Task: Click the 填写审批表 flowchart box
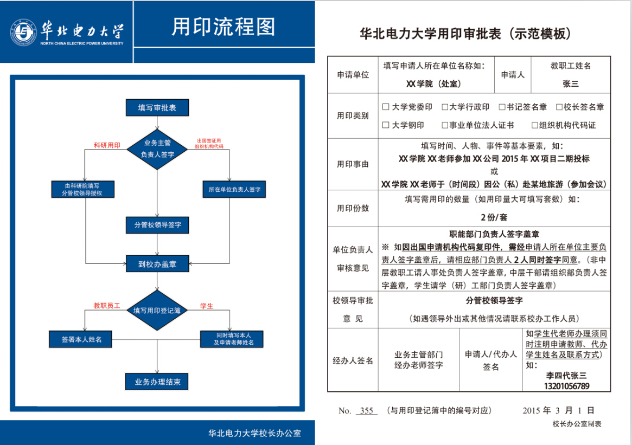pos(157,108)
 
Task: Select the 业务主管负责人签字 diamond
pos(157,149)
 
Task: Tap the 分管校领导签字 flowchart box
pos(157,224)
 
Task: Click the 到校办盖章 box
pos(157,264)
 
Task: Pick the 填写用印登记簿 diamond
pos(157,311)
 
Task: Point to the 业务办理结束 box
pos(157,382)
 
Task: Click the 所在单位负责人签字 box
pos(234,190)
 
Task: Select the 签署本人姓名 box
pos(82,340)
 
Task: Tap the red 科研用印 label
pos(107,145)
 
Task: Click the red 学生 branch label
pos(207,306)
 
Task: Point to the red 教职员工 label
pos(106,306)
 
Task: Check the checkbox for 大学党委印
pos(386,107)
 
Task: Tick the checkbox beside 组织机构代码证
pos(534,125)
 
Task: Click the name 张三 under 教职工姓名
pos(571,84)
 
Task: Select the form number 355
pos(367,411)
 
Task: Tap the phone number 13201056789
pos(566,386)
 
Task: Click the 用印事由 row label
pos(353,164)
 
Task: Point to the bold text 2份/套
pos(494,217)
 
